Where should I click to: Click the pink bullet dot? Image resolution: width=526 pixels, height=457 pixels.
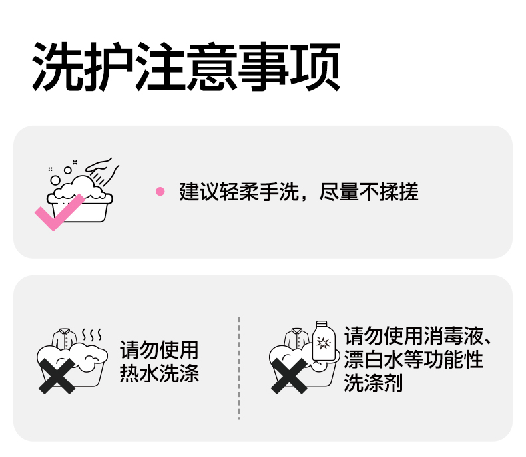coord(160,192)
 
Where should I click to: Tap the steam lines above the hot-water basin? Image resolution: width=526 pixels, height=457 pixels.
coord(91,333)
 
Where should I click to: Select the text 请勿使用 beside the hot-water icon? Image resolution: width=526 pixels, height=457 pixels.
coord(159,351)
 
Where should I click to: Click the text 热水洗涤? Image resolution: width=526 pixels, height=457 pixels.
coord(159,373)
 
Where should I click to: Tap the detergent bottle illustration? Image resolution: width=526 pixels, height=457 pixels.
coord(324,343)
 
